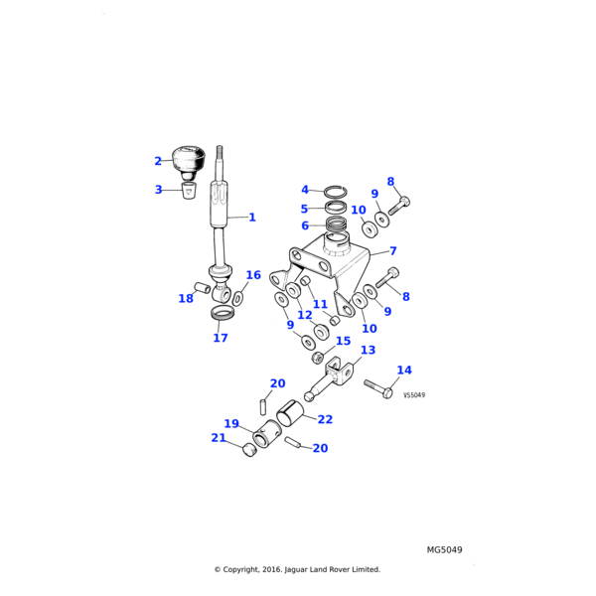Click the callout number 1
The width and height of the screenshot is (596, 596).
pyautogui.click(x=252, y=217)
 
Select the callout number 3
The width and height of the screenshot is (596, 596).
pyautogui.click(x=158, y=190)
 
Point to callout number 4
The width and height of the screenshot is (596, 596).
pyautogui.click(x=305, y=190)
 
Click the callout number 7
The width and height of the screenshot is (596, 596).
pyautogui.click(x=393, y=251)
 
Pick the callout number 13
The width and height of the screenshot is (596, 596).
pyautogui.click(x=368, y=350)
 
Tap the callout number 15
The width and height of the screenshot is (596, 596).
pyautogui.click(x=344, y=341)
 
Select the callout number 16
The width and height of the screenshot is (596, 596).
pyautogui.click(x=253, y=275)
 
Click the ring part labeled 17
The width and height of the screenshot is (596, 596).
pyautogui.click(x=223, y=315)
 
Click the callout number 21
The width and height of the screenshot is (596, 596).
pyautogui.click(x=219, y=438)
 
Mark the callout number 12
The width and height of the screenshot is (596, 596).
pyautogui.click(x=305, y=316)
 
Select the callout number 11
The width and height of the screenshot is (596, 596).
pyautogui.click(x=320, y=305)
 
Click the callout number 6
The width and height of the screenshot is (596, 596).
pyautogui.click(x=305, y=225)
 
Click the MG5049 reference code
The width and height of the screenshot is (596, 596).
pyautogui.click(x=445, y=549)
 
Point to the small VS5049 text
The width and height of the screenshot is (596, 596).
pyautogui.click(x=414, y=395)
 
